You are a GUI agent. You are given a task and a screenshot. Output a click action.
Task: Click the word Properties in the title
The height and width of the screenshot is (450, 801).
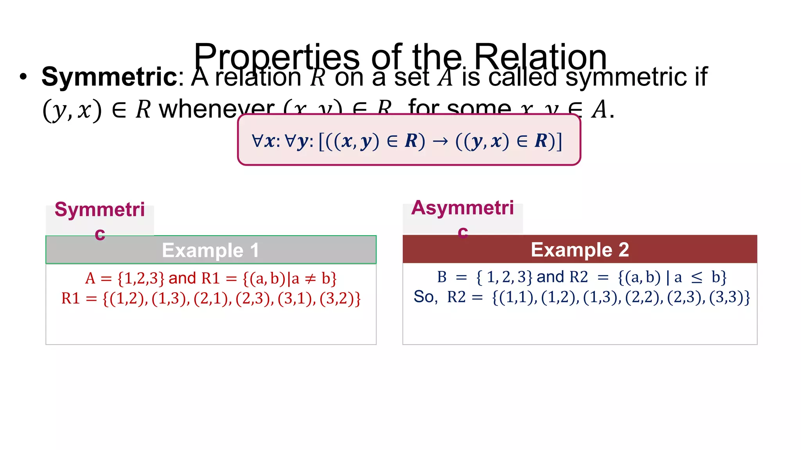coord(276,57)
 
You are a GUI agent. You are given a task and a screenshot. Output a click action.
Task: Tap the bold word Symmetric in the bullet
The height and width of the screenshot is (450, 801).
coord(110,77)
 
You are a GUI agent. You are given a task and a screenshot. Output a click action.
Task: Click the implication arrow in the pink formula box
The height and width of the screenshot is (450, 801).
coord(440,141)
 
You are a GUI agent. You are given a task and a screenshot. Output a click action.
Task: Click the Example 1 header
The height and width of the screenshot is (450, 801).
coord(211,250)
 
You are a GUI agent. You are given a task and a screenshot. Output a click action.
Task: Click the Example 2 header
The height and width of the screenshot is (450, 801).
coord(580,249)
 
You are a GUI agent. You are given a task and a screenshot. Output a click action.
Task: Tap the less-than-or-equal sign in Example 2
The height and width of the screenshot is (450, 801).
coord(697,278)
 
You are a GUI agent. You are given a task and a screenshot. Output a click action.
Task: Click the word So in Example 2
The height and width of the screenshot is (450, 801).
coord(424,297)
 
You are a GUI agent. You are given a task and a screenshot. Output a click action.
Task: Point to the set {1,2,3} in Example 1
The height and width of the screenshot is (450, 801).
coord(141,279)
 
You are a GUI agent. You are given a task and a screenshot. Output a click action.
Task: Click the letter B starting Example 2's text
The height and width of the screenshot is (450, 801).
coord(442,277)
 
